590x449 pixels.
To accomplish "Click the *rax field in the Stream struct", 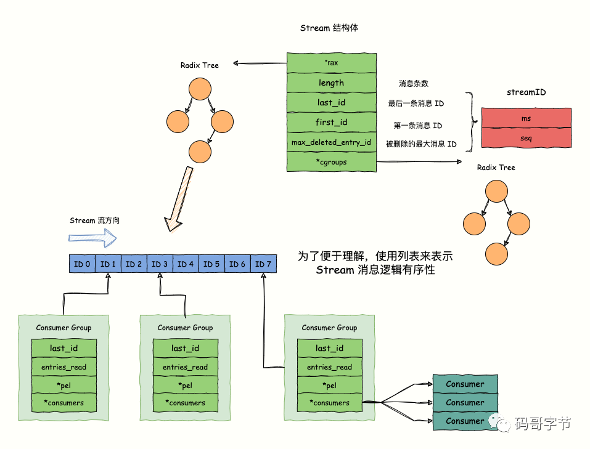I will [x=331, y=63].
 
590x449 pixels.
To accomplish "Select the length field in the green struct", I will [x=331, y=83].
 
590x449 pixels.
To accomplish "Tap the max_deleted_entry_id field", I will [x=331, y=142].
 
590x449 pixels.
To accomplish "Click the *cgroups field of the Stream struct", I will [x=331, y=162].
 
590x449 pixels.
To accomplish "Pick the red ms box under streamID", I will [x=526, y=118].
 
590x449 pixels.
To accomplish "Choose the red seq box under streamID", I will [x=526, y=139].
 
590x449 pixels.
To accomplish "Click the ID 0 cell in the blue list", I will [x=82, y=264].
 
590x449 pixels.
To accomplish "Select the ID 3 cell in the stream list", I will [x=160, y=264].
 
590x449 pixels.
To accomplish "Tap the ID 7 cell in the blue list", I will [x=263, y=264].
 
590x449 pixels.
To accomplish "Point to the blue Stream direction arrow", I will [x=92, y=237].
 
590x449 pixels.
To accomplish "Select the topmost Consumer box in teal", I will [x=465, y=384].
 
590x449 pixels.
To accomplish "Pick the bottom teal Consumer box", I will [x=465, y=421].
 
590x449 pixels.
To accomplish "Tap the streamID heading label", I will [x=526, y=92].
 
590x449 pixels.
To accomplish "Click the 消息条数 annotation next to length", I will [x=414, y=83].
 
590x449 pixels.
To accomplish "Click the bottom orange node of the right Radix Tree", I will [x=496, y=253].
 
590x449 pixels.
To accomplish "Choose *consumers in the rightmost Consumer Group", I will [x=329, y=403].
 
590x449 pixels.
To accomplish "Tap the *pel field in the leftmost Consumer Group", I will [x=64, y=385].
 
